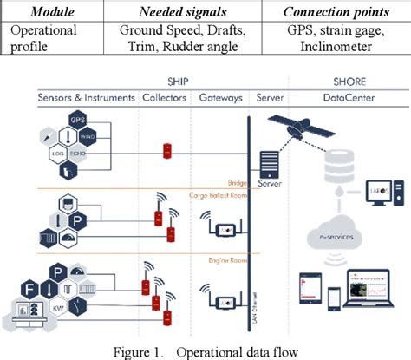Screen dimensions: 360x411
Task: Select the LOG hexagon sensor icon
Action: pyautogui.click(x=61, y=153)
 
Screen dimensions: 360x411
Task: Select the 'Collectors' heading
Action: pyautogui.click(x=164, y=99)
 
